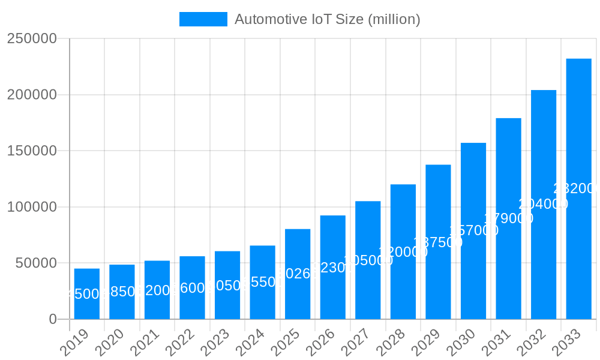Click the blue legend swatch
(x=203, y=19)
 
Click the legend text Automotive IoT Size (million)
(x=327, y=19)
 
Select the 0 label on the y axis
(x=53, y=319)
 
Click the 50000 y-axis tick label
(x=35, y=263)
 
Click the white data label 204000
(x=543, y=204)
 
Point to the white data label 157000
(x=473, y=230)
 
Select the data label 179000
(x=508, y=218)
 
